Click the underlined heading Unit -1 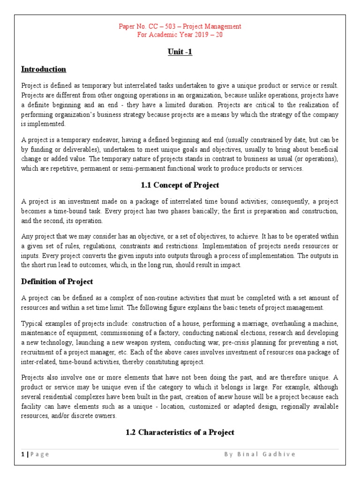tap(180, 52)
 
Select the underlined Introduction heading tap(44, 69)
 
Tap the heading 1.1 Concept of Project tap(180, 185)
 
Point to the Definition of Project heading tap(57, 282)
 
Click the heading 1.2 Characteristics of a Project tap(180, 432)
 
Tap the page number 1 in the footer tap(23, 454)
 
